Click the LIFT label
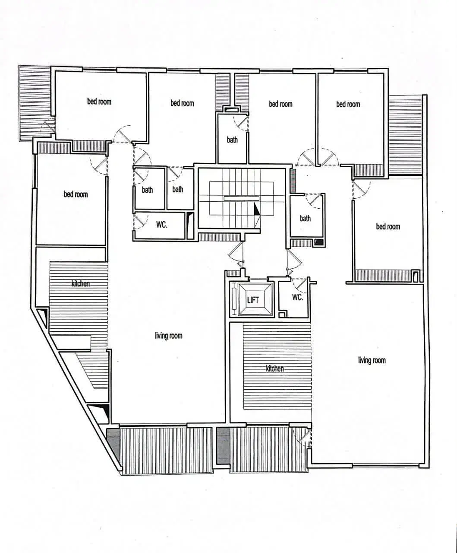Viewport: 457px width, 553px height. tap(253, 300)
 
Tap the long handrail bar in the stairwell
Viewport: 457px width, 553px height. tap(241, 198)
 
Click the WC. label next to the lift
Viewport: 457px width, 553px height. tap(298, 297)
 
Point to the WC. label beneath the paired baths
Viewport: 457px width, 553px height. tap(162, 225)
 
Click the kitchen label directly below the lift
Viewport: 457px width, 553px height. tap(275, 369)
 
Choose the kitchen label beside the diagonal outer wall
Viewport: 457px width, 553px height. tap(80, 284)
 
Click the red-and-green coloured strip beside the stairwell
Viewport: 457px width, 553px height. tap(293, 181)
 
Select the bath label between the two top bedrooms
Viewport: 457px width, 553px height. tap(232, 140)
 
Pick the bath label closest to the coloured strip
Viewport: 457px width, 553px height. tap(305, 218)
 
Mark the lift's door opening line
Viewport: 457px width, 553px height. tap(258, 279)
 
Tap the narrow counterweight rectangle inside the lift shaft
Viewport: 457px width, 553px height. tap(233, 299)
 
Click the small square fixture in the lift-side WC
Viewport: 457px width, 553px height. tap(282, 315)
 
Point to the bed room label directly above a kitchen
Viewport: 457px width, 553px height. tap(76, 194)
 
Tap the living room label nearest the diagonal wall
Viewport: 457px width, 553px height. tap(169, 336)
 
